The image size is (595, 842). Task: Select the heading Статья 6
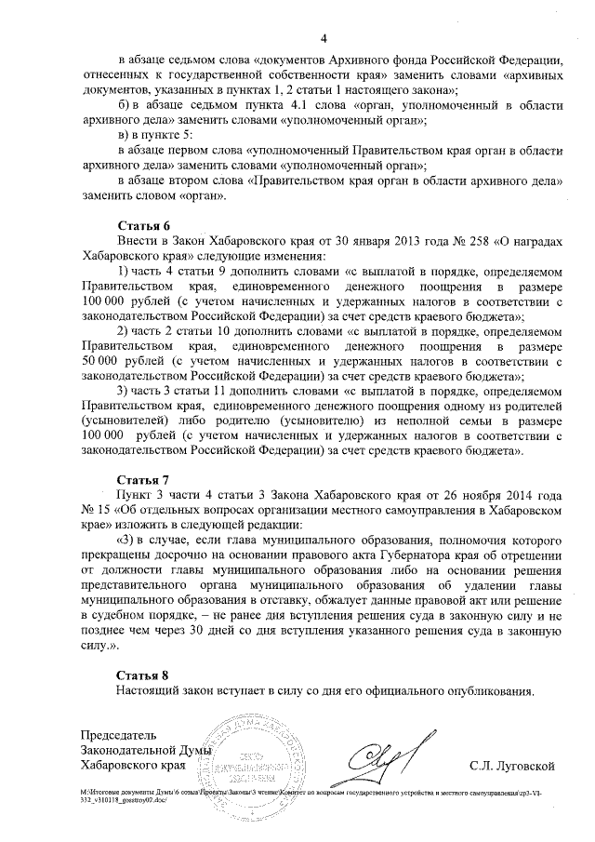click(143, 226)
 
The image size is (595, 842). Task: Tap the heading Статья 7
click(143, 481)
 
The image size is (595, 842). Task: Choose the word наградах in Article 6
click(535, 240)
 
